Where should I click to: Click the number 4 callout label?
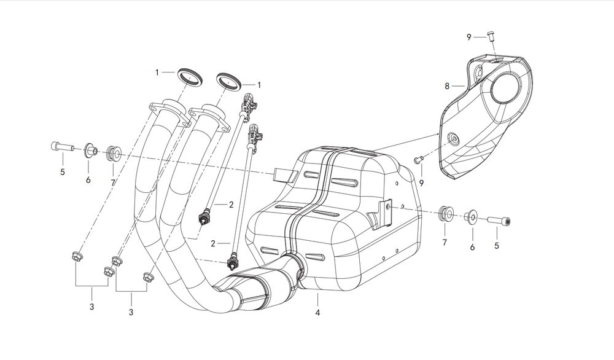point(317,312)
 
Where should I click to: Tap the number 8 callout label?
point(446,85)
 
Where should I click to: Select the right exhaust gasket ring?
point(228,80)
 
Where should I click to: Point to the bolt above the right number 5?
point(500,220)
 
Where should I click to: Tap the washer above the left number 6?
point(90,149)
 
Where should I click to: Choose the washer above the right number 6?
point(472,217)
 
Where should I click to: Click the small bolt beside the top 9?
point(491,37)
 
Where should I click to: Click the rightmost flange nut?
point(148,276)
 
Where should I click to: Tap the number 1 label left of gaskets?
point(157,72)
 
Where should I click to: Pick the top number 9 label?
point(468,37)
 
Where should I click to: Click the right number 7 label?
point(444,243)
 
